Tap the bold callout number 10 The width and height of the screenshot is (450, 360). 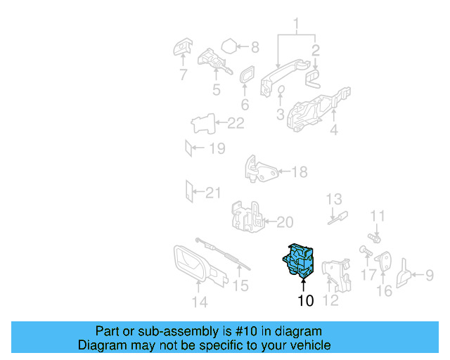pyautogui.click(x=304, y=302)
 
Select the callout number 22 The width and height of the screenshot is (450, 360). pyautogui.click(x=235, y=124)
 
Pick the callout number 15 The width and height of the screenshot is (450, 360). pyautogui.click(x=240, y=285)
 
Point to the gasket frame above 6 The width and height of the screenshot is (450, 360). pyautogui.click(x=247, y=78)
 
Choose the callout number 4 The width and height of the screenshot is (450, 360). pyautogui.click(x=333, y=129)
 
